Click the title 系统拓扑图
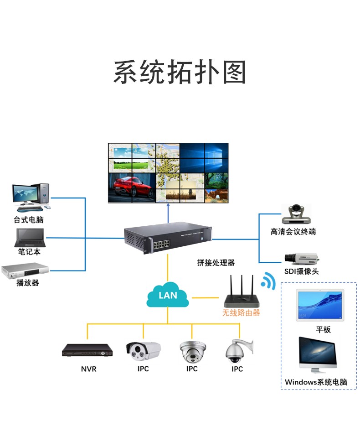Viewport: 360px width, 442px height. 180,72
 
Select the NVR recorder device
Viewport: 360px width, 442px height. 87,350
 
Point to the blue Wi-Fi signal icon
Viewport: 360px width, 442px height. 268,281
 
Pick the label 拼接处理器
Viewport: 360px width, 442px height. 216,263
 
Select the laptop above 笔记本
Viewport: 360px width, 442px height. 30,237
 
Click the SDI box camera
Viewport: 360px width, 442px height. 301,258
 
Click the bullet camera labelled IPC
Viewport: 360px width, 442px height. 143,350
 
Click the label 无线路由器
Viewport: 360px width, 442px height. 241,313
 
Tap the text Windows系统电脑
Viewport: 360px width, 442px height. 316,382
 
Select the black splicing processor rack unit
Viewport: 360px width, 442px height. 168,237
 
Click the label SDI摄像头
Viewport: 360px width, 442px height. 301,271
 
